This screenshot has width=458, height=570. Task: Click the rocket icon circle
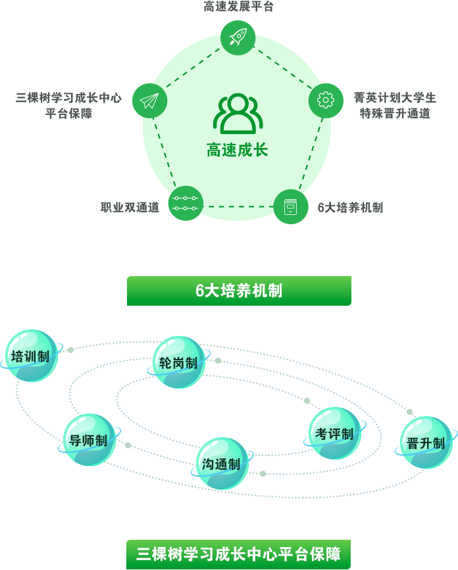point(238,38)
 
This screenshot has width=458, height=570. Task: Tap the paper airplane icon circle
point(149,101)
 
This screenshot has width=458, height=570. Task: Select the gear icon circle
point(326,101)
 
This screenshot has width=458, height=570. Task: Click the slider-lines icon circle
point(186,203)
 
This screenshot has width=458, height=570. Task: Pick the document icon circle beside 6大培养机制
point(291,206)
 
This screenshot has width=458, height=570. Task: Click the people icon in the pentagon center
point(238,114)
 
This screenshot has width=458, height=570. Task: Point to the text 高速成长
point(237,150)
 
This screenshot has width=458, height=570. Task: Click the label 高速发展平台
point(238,6)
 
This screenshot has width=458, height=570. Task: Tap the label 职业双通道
point(130,207)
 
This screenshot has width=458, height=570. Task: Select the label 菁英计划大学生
point(395,97)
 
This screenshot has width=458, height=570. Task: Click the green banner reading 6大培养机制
point(239,291)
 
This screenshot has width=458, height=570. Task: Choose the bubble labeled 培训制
point(32,356)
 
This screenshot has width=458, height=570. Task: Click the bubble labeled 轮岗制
point(178,362)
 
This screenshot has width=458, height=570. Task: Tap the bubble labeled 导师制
point(89,440)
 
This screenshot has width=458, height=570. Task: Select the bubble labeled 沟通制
point(222,463)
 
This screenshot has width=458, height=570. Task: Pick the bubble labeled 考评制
point(335,433)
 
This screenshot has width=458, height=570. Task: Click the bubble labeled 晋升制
point(426,442)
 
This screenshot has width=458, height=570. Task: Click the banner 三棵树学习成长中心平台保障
point(239,554)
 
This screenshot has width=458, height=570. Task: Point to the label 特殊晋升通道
point(395,114)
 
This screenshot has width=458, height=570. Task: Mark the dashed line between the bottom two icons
point(238,207)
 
